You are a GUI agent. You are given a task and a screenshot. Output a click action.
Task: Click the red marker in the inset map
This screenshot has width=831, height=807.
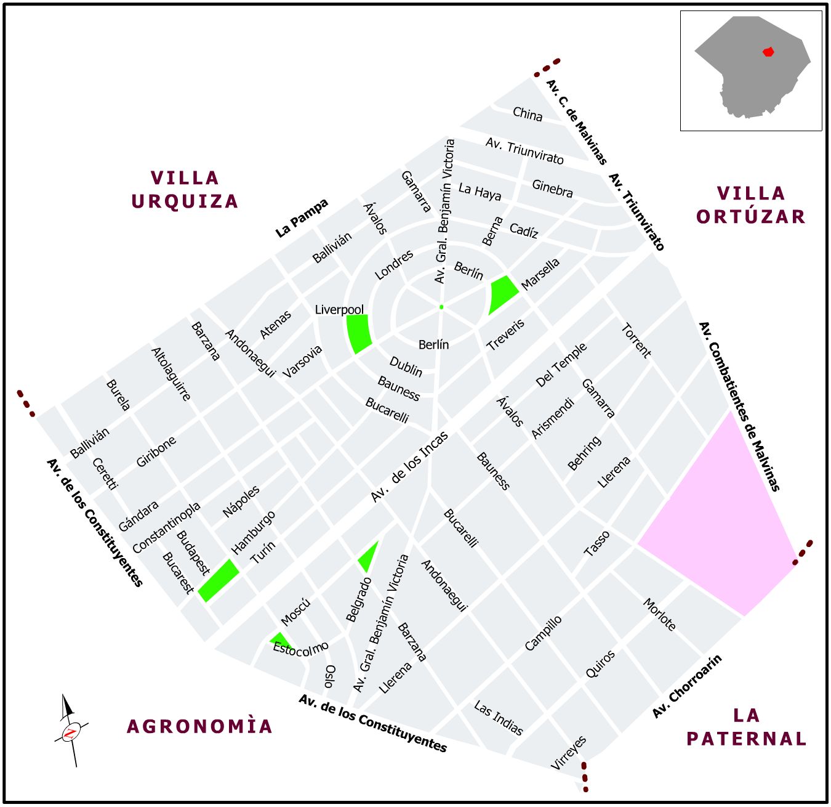(768, 52)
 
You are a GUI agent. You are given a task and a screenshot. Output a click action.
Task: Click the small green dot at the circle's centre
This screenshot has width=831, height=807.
(441, 307)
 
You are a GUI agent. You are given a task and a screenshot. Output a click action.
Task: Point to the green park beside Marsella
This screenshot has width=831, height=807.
(502, 293)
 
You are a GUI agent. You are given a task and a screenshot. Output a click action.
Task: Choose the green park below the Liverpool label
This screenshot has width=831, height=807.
(359, 333)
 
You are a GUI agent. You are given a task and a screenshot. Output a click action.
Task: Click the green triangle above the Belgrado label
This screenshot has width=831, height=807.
(369, 558)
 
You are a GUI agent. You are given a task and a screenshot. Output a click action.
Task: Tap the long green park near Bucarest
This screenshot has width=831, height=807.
(219, 580)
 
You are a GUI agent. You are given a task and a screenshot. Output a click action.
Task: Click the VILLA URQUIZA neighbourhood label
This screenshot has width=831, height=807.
(185, 190)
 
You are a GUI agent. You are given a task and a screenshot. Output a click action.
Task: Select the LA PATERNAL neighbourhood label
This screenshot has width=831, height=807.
(746, 727)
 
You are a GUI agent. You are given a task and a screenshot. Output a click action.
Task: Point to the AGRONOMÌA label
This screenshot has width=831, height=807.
(199, 726)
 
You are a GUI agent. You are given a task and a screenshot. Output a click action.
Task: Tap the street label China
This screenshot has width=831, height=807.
(528, 114)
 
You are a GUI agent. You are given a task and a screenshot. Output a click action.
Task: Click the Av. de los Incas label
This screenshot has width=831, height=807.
(409, 466)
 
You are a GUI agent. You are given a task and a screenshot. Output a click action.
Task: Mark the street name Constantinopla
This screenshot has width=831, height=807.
(166, 527)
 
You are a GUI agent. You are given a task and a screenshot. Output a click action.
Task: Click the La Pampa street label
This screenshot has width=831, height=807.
(302, 218)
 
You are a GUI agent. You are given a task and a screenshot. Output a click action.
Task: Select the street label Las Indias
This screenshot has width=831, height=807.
(498, 718)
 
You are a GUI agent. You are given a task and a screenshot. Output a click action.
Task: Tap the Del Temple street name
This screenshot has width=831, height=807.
(561, 365)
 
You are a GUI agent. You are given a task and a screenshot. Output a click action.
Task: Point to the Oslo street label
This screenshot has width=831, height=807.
(330, 676)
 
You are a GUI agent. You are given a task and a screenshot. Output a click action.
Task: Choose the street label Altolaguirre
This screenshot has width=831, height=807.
(171, 374)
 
